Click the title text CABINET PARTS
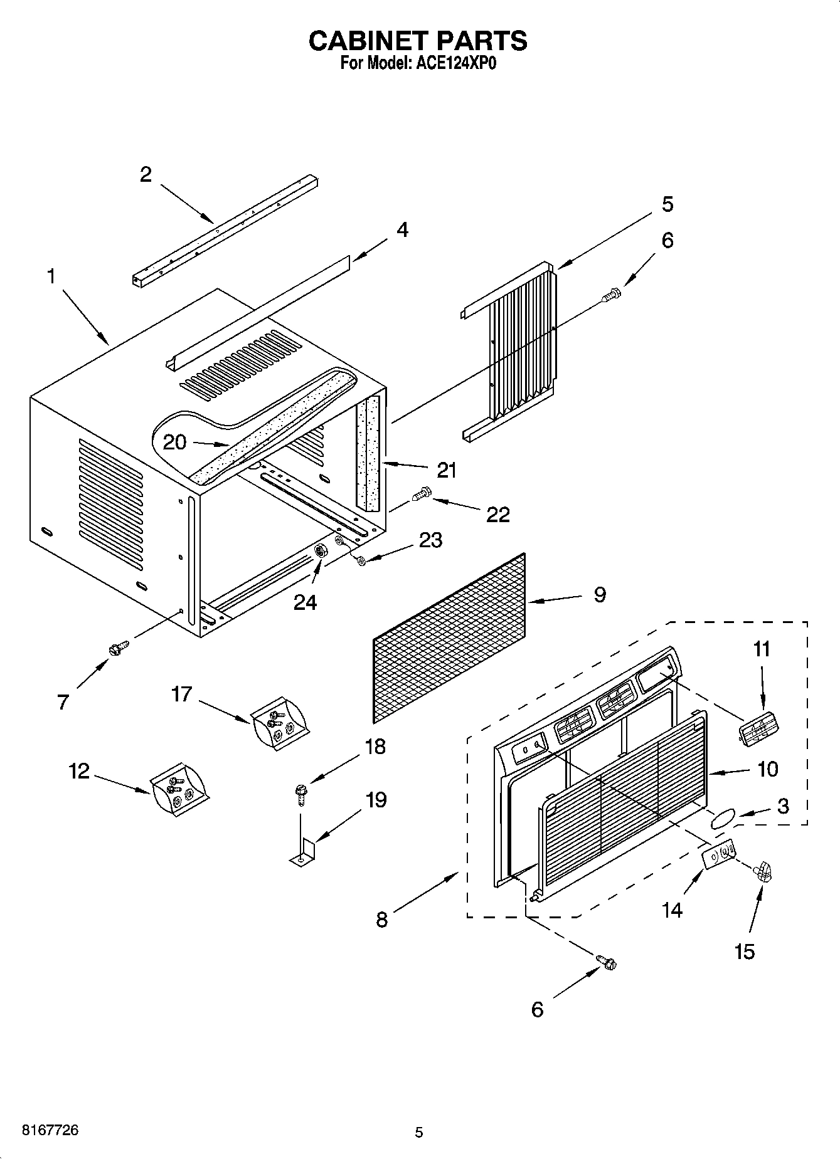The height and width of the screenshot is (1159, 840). pos(418,41)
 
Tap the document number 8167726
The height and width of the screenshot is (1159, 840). pos(50,1130)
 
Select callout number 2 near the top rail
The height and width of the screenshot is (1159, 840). pos(146,174)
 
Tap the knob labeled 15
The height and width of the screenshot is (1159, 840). pos(763,871)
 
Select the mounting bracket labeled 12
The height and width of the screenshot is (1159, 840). pos(178,789)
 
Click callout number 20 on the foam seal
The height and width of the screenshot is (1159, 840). pos(174,442)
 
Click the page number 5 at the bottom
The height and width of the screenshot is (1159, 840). pos(419,1133)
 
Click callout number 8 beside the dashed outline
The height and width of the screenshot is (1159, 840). pos(382,920)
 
